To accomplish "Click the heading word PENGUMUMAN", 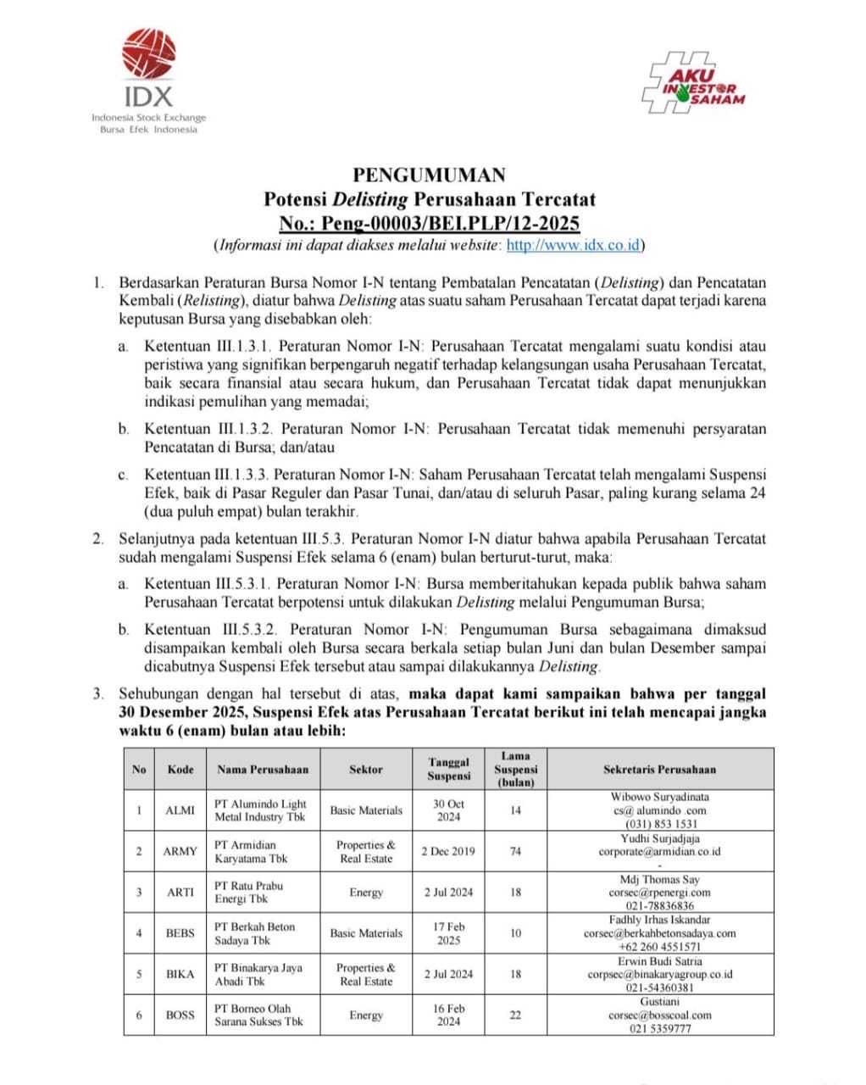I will tap(429, 175).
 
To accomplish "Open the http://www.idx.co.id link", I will tap(573, 246).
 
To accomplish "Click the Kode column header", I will tap(180, 770).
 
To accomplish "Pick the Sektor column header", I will tap(366, 770).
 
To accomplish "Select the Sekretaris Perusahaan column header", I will tap(659, 770).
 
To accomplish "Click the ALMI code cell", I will tap(180, 810).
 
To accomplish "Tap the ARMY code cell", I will tap(180, 851).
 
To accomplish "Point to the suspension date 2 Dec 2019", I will tap(448, 851).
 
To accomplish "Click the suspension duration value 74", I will tap(515, 851).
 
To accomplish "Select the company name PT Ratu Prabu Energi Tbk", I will tap(249, 892).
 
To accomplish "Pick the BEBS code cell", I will tap(180, 933).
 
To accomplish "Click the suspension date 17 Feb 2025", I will tap(448, 933).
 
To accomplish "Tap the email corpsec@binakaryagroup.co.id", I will tap(659, 975).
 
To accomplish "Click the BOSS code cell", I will tap(180, 1015).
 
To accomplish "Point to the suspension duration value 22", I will tap(515, 1015).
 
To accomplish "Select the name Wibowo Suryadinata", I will tap(659, 797).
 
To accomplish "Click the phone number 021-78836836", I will tap(659, 905).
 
